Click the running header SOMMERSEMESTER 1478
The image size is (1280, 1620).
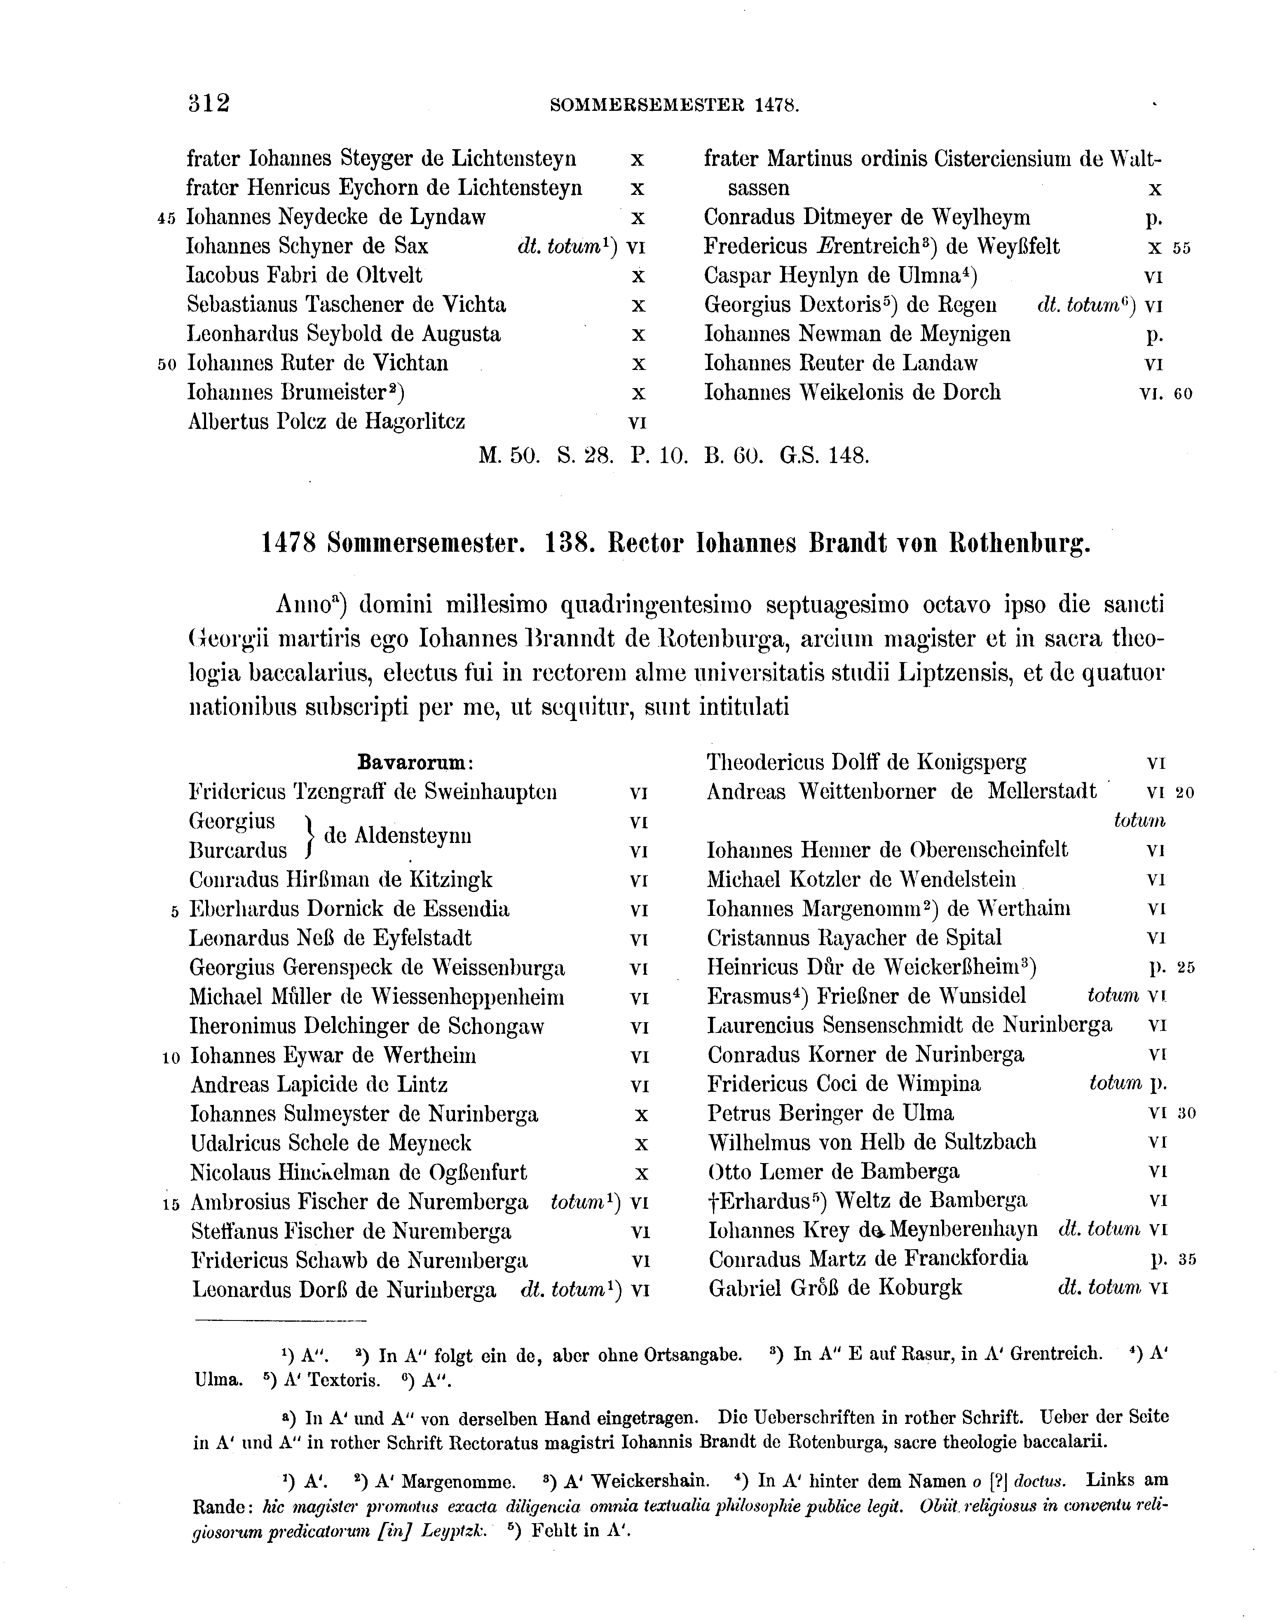tap(675, 105)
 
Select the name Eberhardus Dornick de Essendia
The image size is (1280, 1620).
tap(349, 909)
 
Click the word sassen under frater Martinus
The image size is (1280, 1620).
tap(758, 188)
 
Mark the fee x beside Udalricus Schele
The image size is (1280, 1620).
tap(641, 1143)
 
